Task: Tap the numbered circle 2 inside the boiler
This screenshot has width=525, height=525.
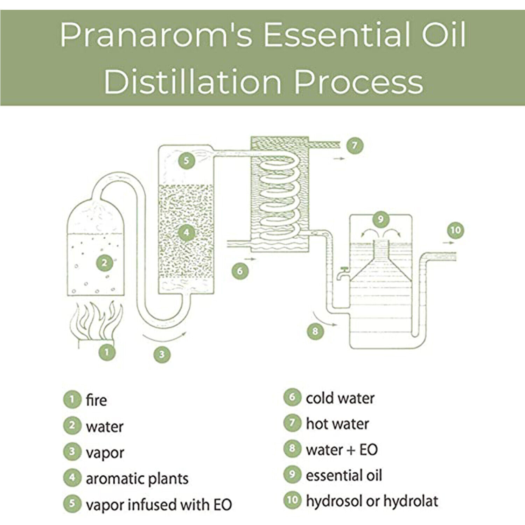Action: [104, 262]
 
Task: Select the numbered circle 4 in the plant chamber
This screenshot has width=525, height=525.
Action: [186, 232]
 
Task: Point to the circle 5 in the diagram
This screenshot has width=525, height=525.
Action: [186, 161]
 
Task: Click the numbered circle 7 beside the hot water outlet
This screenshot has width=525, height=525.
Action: [355, 145]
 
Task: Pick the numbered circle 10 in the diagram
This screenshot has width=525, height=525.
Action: [456, 230]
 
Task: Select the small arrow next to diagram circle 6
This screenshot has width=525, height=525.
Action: [251, 259]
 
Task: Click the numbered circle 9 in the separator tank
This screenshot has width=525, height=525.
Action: [380, 219]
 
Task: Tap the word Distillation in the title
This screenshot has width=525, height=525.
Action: [193, 82]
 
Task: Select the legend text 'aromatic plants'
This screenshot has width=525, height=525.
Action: [137, 478]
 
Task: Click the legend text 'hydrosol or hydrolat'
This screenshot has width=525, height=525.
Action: [372, 501]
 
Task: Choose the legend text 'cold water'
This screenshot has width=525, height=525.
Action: [340, 398]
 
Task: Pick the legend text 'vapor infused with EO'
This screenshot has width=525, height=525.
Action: [159, 505]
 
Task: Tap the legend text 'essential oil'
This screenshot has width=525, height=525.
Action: [344, 475]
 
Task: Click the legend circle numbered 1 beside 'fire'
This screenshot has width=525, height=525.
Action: [72, 399]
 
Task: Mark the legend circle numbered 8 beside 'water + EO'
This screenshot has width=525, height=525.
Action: [292, 449]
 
